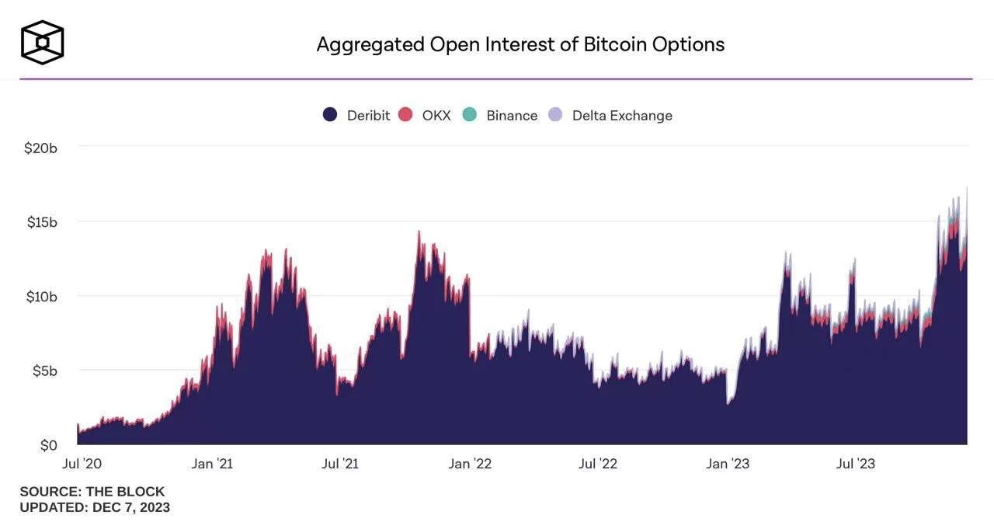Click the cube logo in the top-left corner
tap(42, 42)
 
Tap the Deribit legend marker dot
tap(330, 115)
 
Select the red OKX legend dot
tap(405, 115)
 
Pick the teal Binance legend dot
tap(469, 115)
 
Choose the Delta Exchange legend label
tap(622, 116)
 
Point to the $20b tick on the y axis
tap(41, 148)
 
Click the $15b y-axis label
tap(41, 222)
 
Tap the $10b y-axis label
tap(41, 297)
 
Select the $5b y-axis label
tap(44, 371)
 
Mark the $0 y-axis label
tap(48, 446)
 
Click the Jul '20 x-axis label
tap(82, 464)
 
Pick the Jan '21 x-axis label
tap(211, 464)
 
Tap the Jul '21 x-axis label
tap(340, 464)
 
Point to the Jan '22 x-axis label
tap(470, 464)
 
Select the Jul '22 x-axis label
tap(598, 464)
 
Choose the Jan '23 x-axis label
tap(728, 464)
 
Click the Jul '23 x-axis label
tap(856, 464)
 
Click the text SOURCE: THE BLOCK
tap(92, 492)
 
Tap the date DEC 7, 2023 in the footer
tap(131, 507)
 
